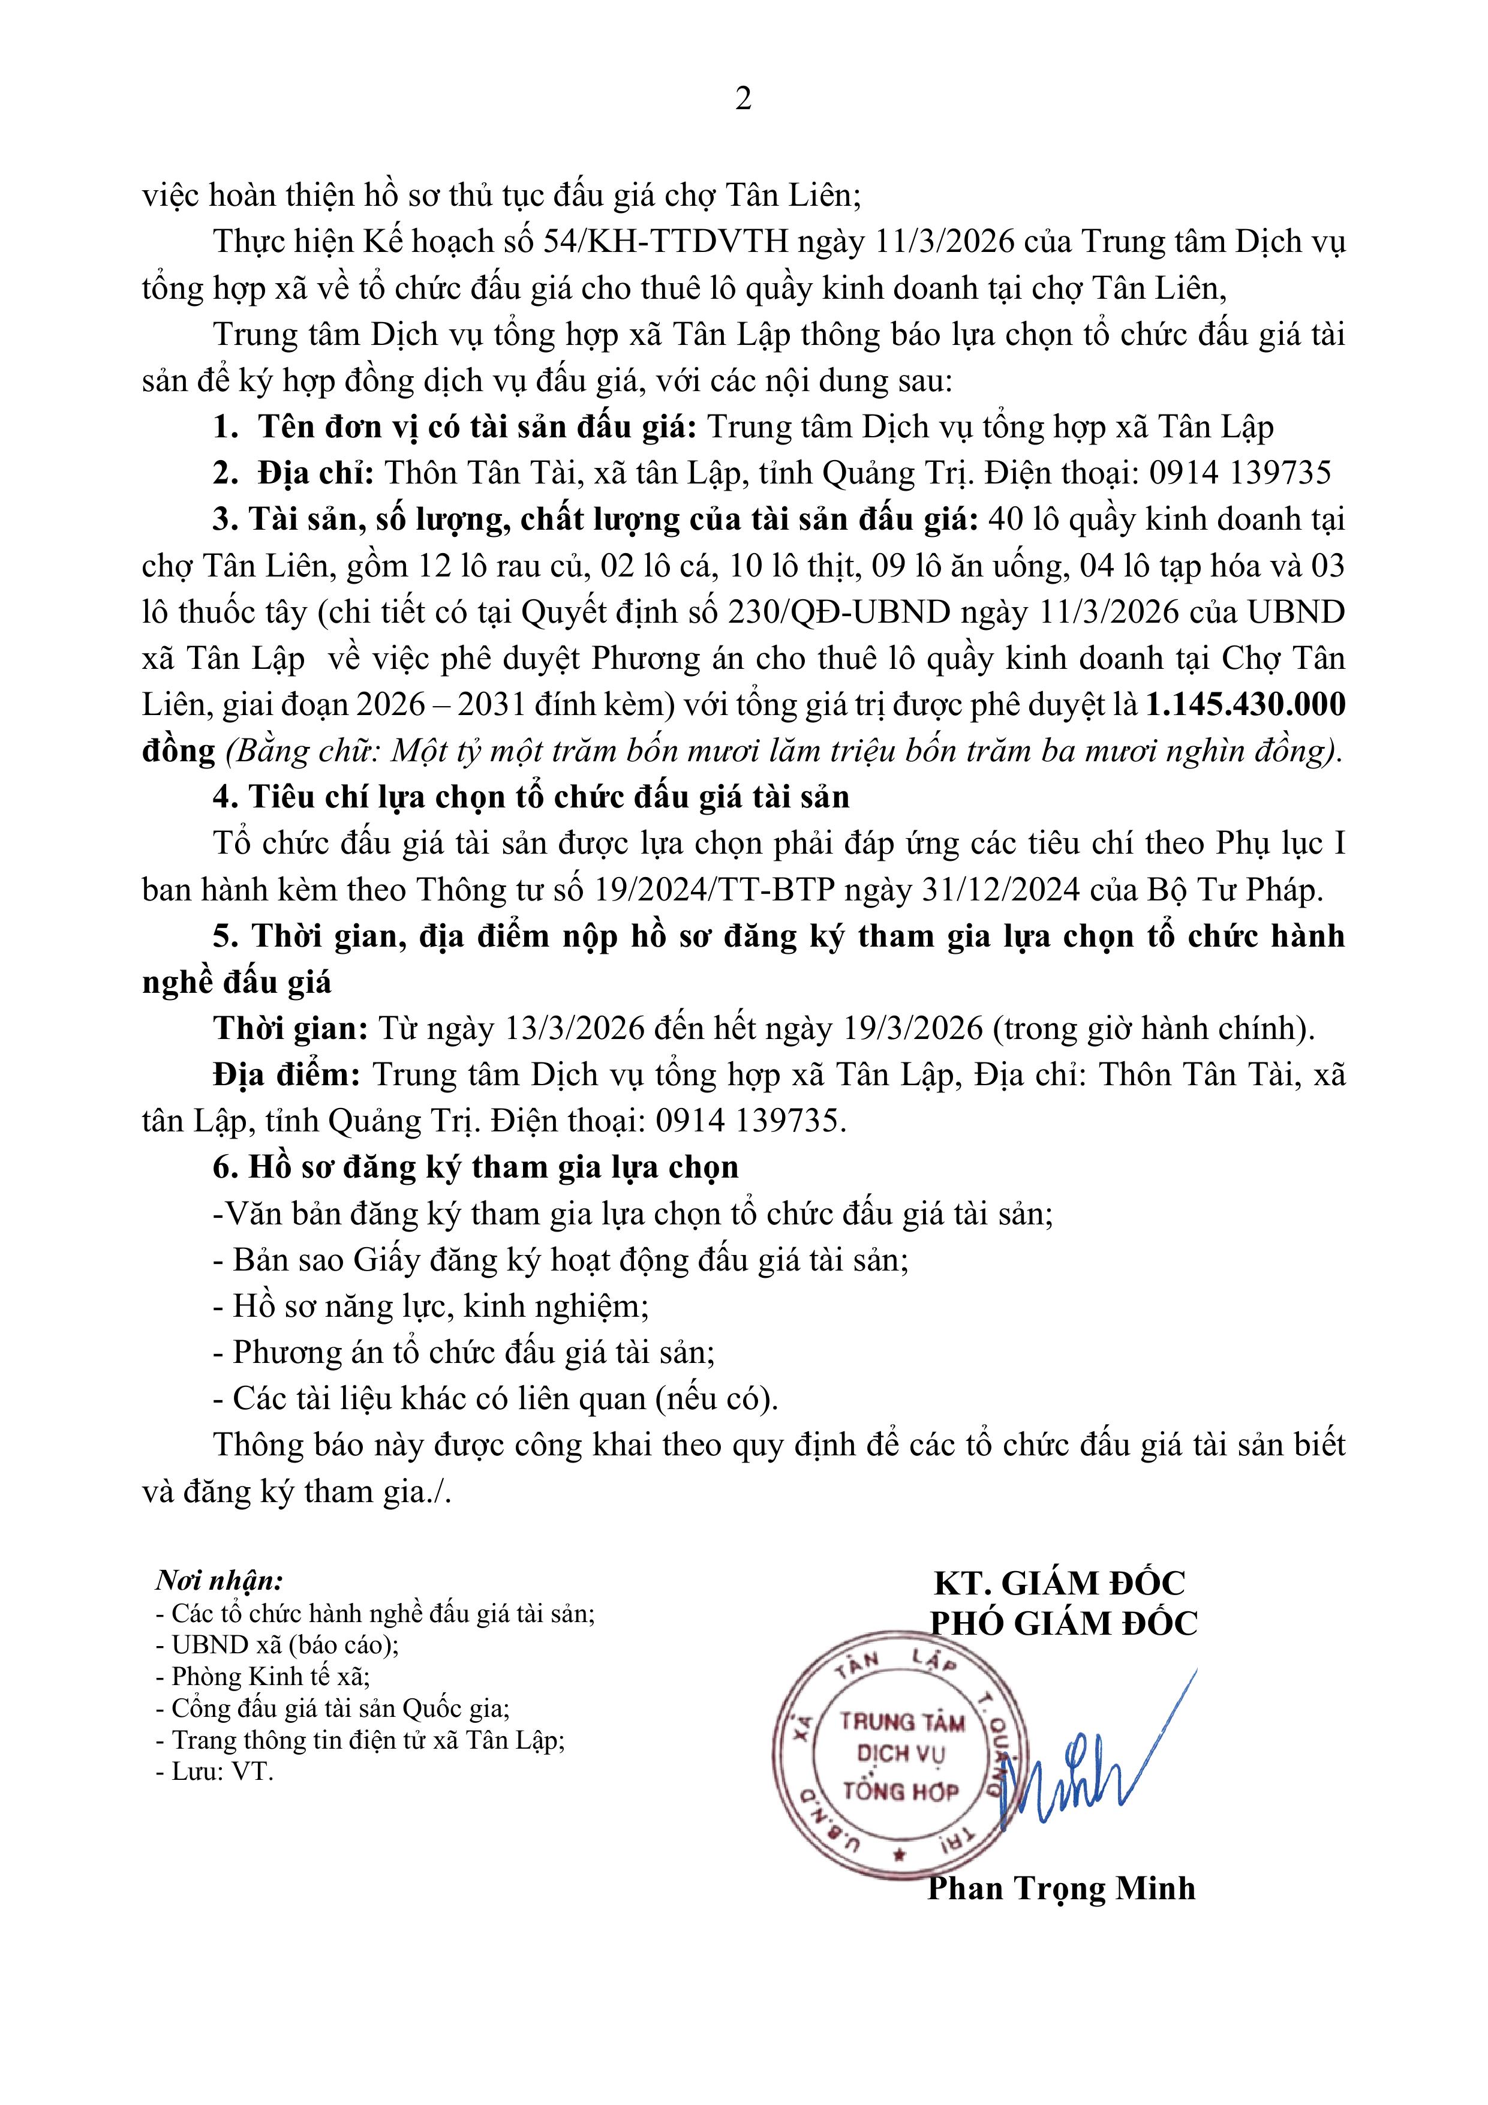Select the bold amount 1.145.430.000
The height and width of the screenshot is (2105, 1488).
coord(1245,704)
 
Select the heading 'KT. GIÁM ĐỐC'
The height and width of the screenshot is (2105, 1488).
coord(1059,1583)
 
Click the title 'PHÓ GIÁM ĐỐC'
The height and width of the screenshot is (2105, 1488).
coord(1063,1624)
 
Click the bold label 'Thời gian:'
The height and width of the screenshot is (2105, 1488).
coord(290,1029)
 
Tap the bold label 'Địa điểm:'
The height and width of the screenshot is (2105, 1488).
coord(286,1074)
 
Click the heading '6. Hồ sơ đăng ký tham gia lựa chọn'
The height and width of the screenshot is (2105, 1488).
coord(475,1167)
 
